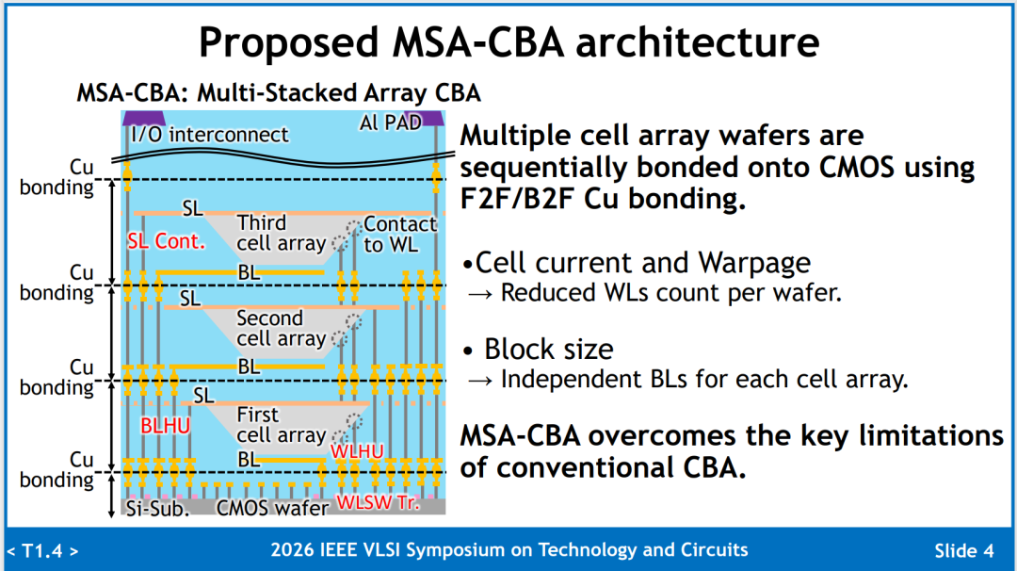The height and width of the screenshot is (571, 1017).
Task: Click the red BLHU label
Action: tap(166, 426)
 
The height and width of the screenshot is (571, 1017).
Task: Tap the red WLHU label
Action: tap(357, 451)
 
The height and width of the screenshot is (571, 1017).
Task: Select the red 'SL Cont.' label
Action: tap(167, 241)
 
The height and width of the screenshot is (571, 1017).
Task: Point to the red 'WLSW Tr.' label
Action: tap(379, 502)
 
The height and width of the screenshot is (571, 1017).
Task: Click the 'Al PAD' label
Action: tap(391, 122)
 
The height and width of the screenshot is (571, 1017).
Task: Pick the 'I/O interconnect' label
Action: tap(209, 135)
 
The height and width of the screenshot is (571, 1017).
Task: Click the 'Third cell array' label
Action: tap(281, 233)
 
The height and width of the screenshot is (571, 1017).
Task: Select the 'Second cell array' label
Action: tap(281, 328)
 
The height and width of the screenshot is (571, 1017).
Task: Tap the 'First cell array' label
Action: tap(281, 425)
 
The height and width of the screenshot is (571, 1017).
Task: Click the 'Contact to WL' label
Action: tap(399, 235)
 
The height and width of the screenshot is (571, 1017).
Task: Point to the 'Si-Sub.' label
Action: tap(157, 508)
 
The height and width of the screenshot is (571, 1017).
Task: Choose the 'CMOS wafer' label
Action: tap(272, 508)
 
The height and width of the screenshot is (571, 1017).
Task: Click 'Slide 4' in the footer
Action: tap(964, 551)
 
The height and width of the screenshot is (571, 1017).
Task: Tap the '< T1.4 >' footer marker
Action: tap(42, 551)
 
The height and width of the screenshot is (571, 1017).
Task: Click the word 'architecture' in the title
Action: tap(697, 42)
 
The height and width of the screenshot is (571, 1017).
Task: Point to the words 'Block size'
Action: tap(549, 349)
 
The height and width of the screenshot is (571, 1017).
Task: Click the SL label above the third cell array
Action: tap(192, 208)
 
